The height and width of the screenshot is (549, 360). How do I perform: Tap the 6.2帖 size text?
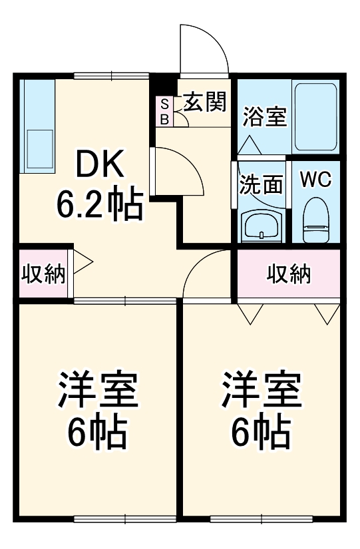[99, 205]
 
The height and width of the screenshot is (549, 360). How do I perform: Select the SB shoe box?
[164, 111]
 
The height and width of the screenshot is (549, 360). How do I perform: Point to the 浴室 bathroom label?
[264, 117]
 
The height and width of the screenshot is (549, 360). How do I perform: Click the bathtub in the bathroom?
[316, 117]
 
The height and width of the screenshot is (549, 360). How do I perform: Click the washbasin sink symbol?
[262, 226]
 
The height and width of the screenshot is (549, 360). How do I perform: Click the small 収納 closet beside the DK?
[43, 274]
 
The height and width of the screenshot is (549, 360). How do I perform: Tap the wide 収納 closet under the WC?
[289, 274]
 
